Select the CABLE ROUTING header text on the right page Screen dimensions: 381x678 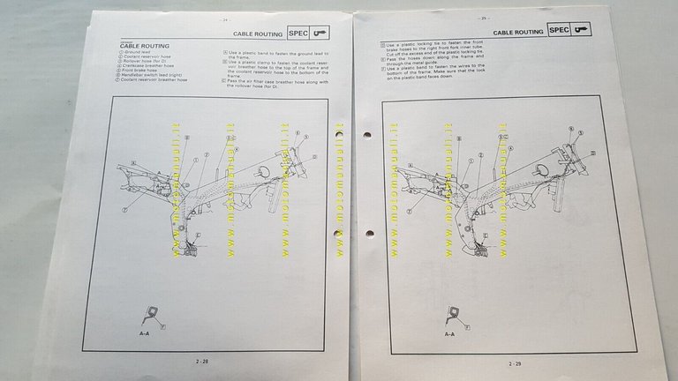click(x=517, y=31)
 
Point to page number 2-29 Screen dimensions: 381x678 click(x=514, y=362)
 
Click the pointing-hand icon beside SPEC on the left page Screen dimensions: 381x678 click(x=321, y=33)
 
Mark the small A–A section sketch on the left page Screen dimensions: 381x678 click(x=152, y=314)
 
